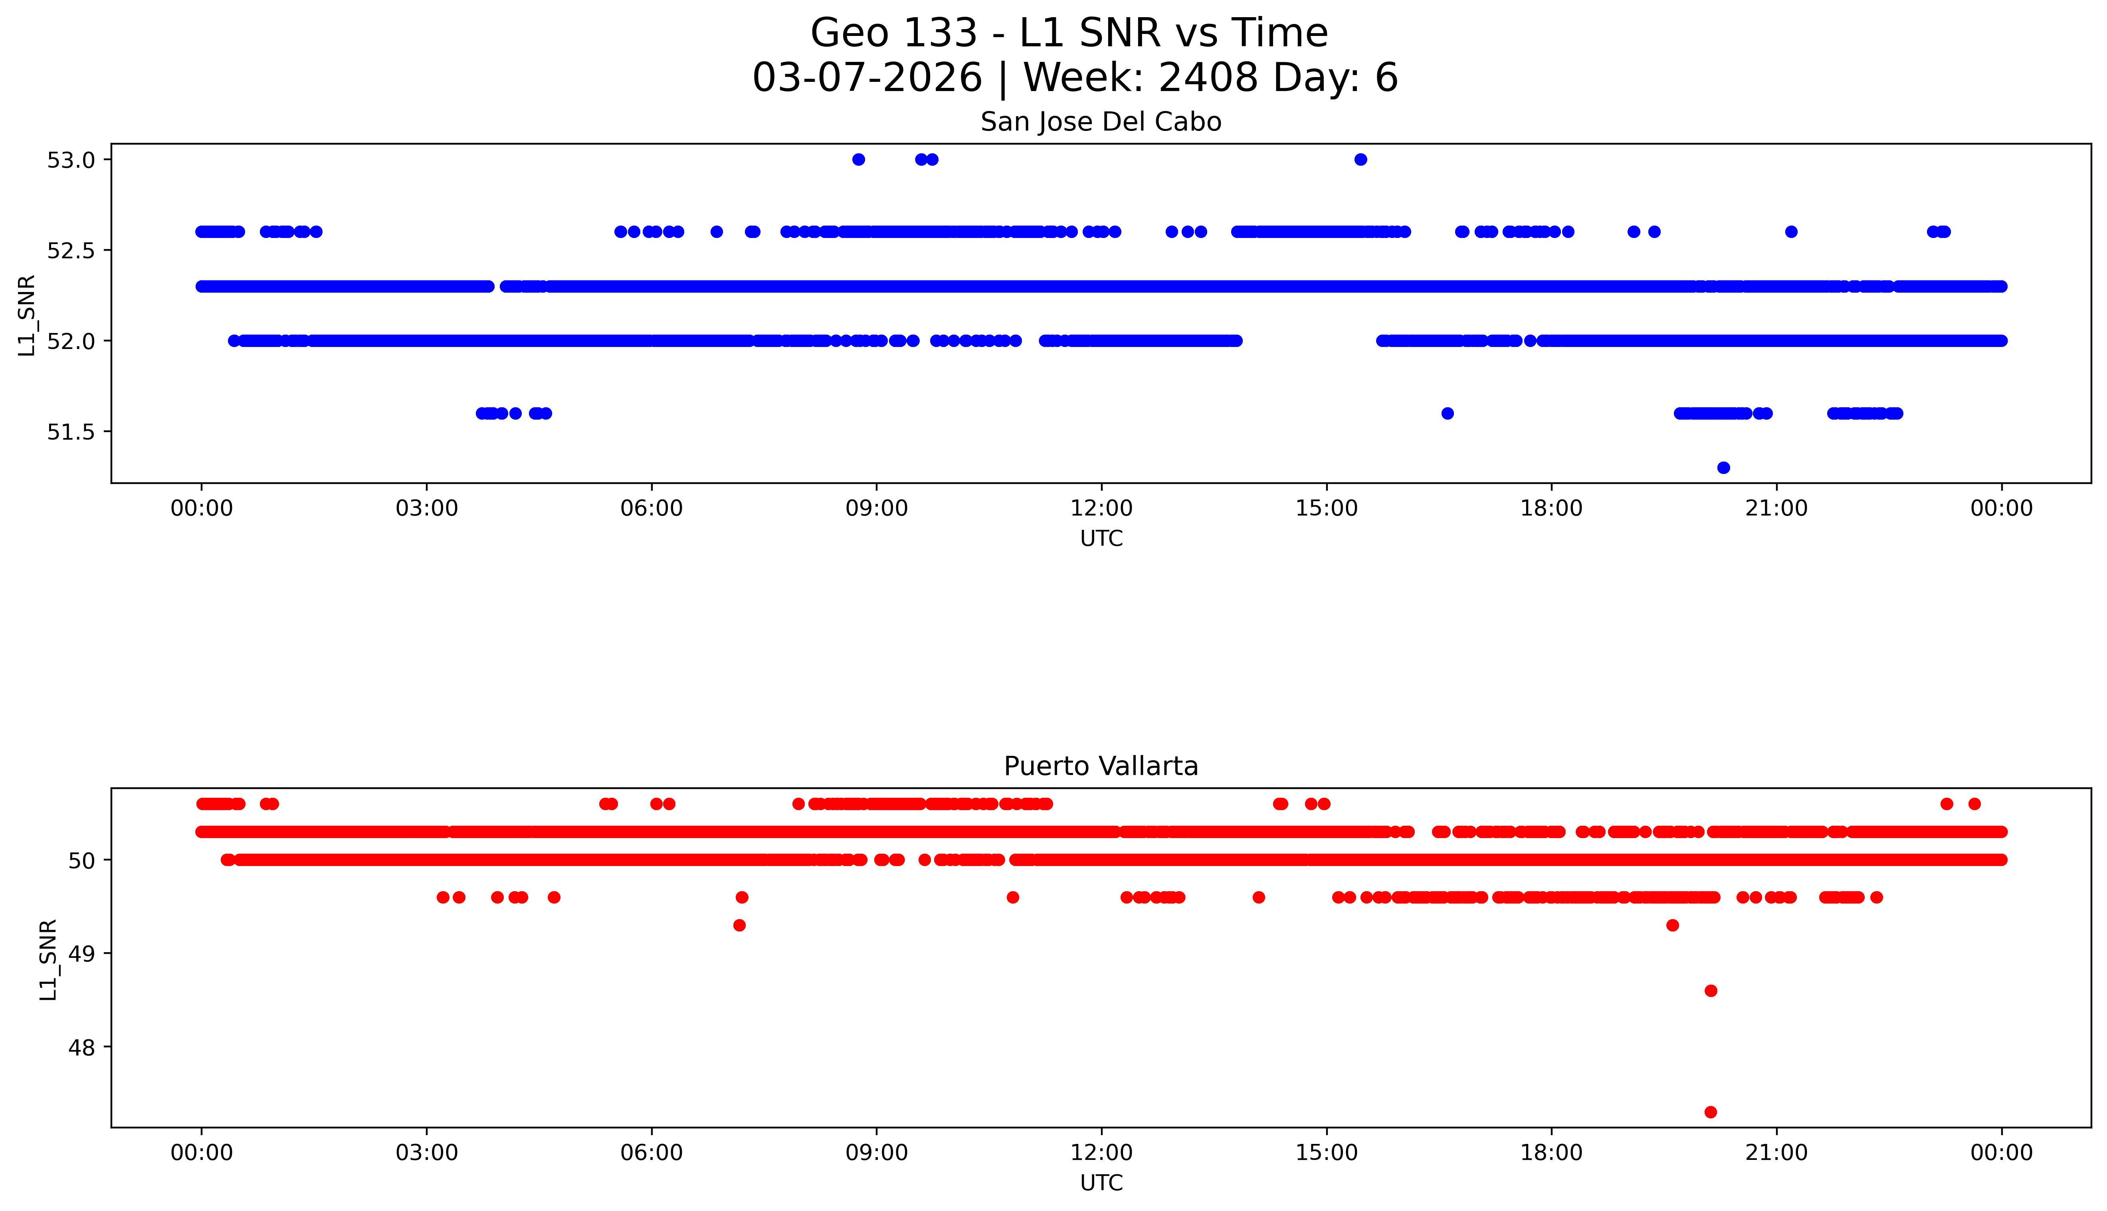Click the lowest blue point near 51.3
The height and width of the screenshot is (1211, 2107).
pos(1724,468)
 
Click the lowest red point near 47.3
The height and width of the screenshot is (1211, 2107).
pos(1710,1112)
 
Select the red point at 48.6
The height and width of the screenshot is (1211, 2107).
pos(1710,991)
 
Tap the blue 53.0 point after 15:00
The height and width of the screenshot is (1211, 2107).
pos(1360,160)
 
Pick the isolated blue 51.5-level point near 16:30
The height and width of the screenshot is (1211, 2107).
pos(1448,413)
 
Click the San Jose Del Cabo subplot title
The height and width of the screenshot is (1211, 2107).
pos(1101,122)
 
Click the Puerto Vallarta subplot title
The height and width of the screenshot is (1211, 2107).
pos(1101,766)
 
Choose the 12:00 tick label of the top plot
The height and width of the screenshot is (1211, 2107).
pos(1102,508)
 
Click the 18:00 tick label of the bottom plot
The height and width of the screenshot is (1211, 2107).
pos(1552,1153)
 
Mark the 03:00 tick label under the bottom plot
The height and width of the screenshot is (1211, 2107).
pos(427,1153)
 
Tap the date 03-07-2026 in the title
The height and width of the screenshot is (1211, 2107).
pos(867,78)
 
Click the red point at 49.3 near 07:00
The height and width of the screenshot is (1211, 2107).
pos(739,925)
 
